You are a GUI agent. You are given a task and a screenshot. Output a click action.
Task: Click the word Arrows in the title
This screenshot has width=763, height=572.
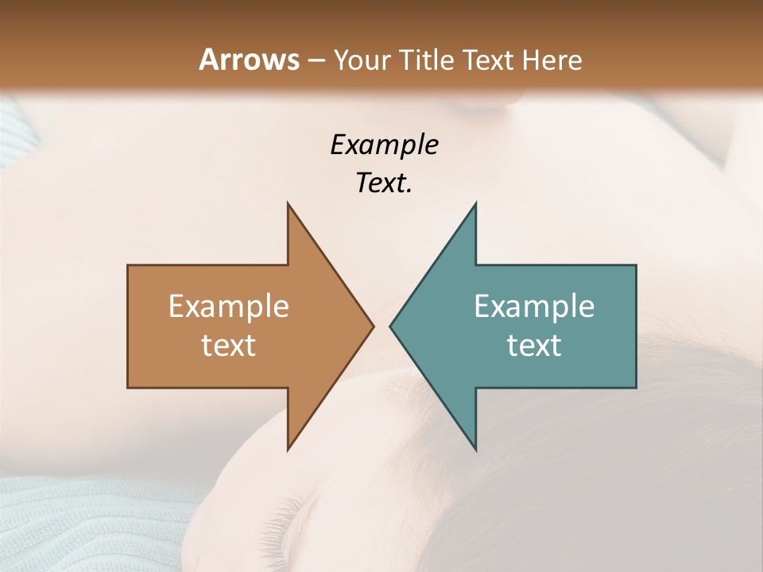point(249,60)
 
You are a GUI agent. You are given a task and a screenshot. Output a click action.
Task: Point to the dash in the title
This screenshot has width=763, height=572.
point(316,60)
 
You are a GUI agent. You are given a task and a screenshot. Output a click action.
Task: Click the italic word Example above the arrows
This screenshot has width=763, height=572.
point(384,145)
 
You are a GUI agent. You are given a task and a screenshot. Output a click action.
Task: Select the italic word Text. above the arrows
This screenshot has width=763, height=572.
point(384,183)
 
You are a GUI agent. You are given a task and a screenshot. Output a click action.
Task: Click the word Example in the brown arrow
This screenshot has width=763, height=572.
point(229,306)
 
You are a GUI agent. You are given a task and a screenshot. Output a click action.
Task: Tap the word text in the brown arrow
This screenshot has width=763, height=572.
point(229,345)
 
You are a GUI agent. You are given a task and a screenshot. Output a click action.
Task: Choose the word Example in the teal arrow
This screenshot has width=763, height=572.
point(534,306)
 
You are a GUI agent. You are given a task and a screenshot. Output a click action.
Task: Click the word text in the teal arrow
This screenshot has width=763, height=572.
point(534,345)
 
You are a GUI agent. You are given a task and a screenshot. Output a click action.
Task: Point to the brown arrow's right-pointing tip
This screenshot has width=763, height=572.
point(373,326)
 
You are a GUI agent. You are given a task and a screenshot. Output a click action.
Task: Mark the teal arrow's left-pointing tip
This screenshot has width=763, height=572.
point(391,326)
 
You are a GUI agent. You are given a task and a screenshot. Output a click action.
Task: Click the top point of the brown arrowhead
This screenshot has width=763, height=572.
point(288,203)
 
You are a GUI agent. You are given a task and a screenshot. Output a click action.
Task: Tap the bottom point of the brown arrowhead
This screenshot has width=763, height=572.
point(288,450)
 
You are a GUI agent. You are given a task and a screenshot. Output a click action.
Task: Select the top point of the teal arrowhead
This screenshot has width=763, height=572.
point(475,203)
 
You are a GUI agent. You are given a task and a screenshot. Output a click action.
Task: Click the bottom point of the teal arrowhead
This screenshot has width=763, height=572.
point(475,450)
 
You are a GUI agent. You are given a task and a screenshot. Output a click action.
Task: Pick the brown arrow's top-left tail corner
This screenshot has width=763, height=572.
point(129,265)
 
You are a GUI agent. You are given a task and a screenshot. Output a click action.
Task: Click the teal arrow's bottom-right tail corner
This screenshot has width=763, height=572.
point(635,387)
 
